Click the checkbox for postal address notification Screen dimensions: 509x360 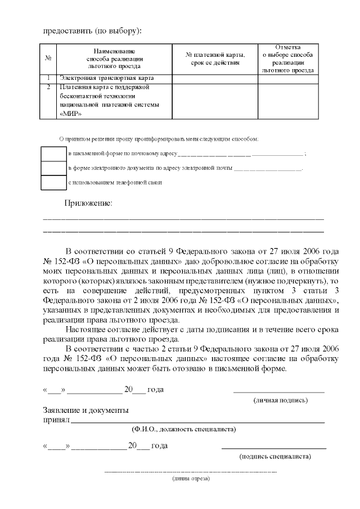coord(54,154)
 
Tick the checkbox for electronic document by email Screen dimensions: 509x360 coord(54,168)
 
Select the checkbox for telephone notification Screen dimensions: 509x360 coord(54,183)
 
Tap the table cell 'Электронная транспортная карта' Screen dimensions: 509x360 coord(106,78)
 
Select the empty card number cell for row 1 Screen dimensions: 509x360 coord(215,78)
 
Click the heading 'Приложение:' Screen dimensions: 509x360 coord(88,203)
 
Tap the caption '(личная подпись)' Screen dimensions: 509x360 coord(280,400)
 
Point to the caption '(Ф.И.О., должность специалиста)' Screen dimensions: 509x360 coord(183,429)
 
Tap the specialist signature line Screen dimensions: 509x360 coord(274,448)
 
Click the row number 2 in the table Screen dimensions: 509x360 coord(49,87)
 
